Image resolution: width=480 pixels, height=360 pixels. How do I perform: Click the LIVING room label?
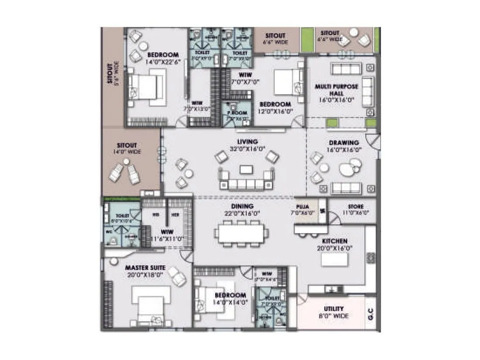pos(247,142)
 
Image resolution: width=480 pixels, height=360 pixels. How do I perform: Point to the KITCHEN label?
pos(335,241)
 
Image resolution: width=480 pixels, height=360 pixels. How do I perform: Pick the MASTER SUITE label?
pos(144,267)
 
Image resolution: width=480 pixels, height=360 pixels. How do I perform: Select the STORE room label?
pos(356,206)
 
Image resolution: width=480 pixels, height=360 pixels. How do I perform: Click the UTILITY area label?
pos(334,309)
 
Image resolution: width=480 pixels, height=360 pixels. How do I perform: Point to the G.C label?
pos(371,313)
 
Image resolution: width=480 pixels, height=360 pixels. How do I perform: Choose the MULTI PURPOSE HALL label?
pos(336,90)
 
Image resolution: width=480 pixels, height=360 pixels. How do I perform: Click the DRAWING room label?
pos(344,143)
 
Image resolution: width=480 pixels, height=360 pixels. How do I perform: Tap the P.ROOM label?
pos(237,113)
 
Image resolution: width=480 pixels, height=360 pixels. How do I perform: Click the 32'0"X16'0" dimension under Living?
pos(247,149)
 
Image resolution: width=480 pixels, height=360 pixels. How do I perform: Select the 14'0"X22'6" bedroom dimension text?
pos(163,62)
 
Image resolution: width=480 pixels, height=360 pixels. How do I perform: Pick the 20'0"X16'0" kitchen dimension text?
pos(335,248)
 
